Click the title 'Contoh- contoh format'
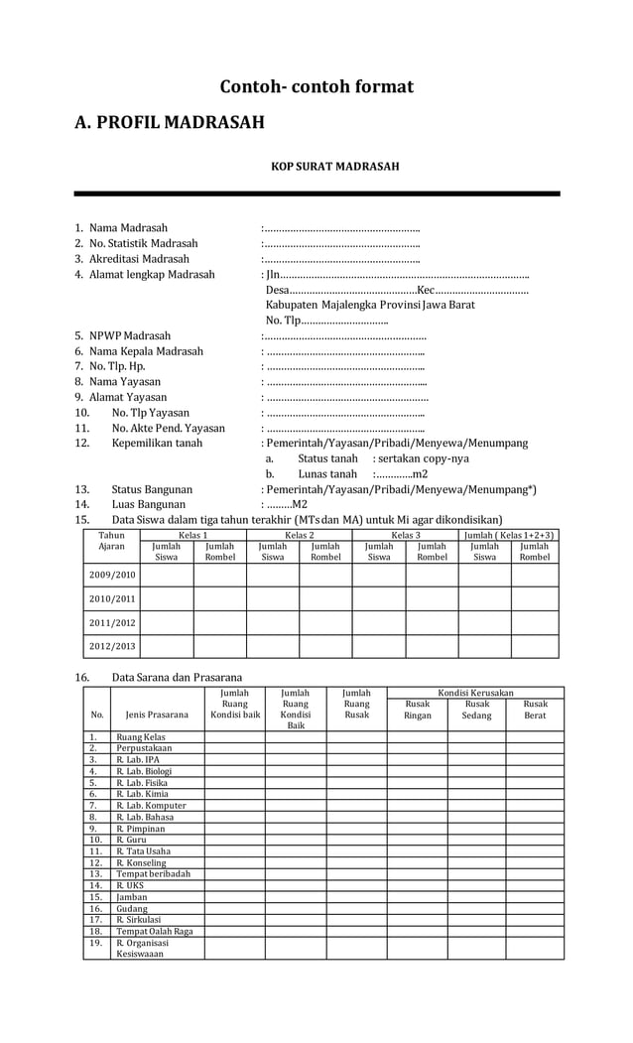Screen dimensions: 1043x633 pos(316,87)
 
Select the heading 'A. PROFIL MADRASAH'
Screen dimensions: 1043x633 pos(170,123)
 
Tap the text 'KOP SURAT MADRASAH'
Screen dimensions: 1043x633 pos(334,167)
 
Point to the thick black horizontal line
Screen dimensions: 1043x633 pos(316,194)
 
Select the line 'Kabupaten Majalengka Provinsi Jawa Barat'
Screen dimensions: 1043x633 pos(370,305)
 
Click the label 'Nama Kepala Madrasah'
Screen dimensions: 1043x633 pos(146,351)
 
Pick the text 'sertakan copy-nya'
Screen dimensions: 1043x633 pos(421,458)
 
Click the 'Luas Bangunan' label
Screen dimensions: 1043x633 pos(148,504)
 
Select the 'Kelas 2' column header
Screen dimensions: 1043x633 pos(299,535)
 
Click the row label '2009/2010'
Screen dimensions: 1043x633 pos(112,575)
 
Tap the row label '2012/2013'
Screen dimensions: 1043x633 pos(112,646)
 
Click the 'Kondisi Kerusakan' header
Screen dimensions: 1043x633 pos(475,692)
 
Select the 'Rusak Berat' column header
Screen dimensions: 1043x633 pos(535,710)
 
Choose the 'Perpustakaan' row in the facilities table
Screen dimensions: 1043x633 pos(144,748)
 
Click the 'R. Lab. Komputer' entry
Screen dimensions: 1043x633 pos(151,806)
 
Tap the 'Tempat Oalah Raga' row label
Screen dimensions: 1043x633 pos(154,931)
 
